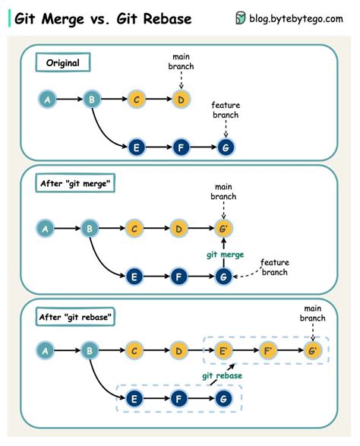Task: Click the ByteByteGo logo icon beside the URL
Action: pyautogui.click(x=241, y=19)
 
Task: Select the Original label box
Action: pyautogui.click(x=63, y=63)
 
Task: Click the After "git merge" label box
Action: pyautogui.click(x=76, y=183)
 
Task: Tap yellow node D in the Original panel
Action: pyautogui.click(x=180, y=99)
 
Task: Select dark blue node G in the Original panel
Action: pyautogui.click(x=225, y=147)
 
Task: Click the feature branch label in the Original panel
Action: pyautogui.click(x=226, y=109)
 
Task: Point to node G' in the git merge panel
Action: pyautogui.click(x=224, y=227)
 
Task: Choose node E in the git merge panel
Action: pyautogui.click(x=136, y=277)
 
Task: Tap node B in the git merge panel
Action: pyautogui.click(x=91, y=227)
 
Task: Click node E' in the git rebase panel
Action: pyautogui.click(x=224, y=351)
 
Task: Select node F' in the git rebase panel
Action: pyautogui.click(x=268, y=351)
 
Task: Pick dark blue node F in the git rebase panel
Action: pyautogui.click(x=180, y=398)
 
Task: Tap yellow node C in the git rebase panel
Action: pyautogui.click(x=136, y=351)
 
